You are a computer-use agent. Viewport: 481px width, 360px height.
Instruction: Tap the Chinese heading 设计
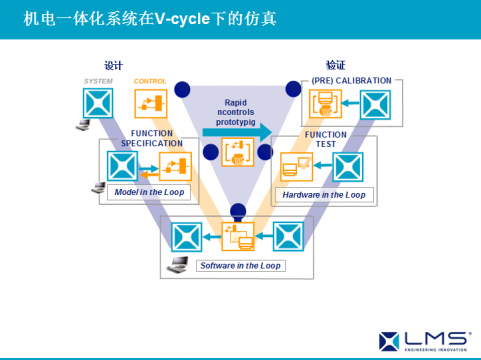[113, 65]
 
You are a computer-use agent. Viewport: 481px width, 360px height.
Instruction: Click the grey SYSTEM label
[98, 81]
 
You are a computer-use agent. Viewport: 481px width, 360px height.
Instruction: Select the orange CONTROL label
[150, 81]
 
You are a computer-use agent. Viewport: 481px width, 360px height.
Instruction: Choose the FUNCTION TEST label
[326, 140]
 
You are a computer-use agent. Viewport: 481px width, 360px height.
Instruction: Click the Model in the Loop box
[151, 191]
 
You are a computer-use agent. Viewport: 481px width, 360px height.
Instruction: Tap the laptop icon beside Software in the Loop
[177, 264]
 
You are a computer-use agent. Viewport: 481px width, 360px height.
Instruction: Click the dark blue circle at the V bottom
[238, 211]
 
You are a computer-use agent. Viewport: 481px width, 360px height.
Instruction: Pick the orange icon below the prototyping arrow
[238, 153]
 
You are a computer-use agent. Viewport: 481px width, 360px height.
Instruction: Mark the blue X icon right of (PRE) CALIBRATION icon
[374, 104]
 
